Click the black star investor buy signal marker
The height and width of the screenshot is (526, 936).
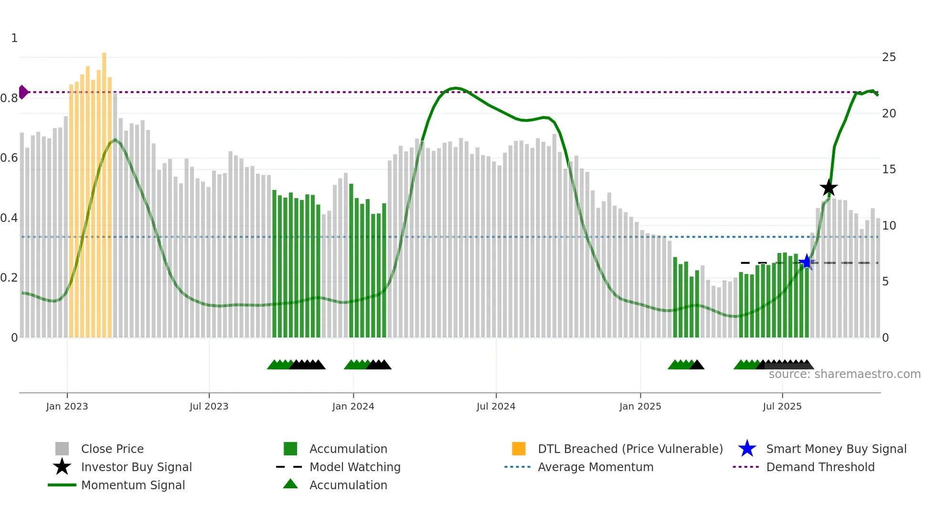click(829, 188)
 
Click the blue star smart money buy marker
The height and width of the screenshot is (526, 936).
click(807, 262)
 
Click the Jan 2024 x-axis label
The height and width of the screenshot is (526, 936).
click(353, 406)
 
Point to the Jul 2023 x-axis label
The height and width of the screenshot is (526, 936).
click(209, 406)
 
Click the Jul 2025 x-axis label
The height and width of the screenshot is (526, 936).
click(782, 406)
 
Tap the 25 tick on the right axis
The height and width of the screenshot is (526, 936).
click(889, 57)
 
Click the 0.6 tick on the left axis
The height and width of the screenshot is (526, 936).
click(10, 158)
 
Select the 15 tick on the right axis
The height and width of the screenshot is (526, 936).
click(889, 169)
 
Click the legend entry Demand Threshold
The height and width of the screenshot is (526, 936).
click(820, 467)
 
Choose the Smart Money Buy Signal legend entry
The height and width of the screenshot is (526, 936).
click(836, 449)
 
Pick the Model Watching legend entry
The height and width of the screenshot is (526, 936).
click(354, 467)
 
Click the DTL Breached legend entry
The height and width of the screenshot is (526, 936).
click(630, 449)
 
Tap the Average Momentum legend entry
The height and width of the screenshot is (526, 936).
click(595, 467)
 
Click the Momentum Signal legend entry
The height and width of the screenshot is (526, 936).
click(133, 485)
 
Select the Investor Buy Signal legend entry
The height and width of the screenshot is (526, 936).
click(136, 467)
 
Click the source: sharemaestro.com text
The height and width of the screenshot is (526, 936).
click(844, 374)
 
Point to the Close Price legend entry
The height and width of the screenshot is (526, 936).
click(112, 449)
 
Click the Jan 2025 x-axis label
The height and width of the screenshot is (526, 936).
click(640, 406)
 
